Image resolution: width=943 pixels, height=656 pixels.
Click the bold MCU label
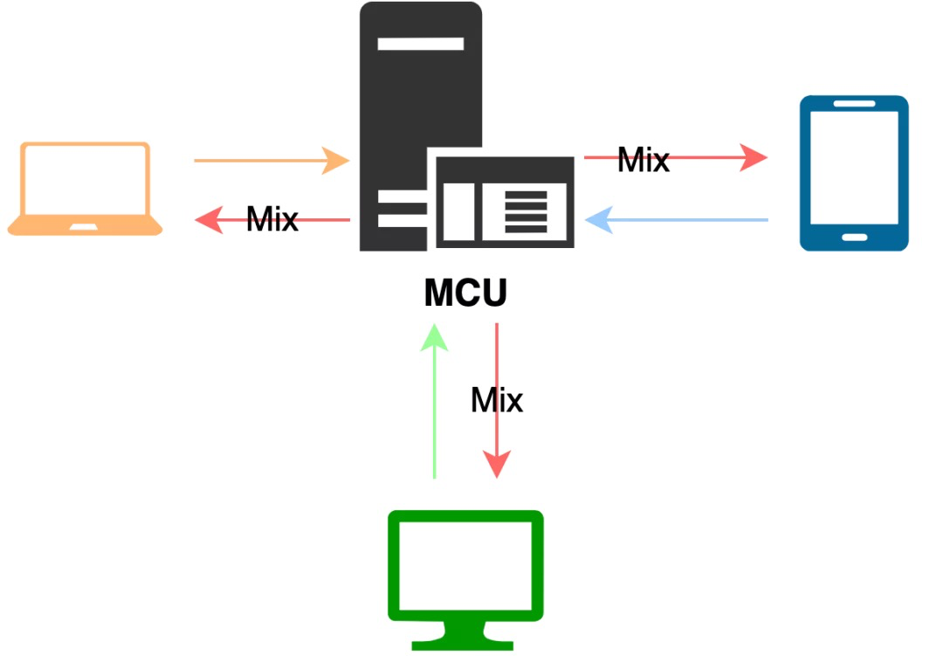click(465, 293)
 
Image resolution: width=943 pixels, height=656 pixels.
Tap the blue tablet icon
click(854, 173)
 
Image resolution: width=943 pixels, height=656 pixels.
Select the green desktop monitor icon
click(465, 577)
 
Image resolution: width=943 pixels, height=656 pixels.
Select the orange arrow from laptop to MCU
click(271, 161)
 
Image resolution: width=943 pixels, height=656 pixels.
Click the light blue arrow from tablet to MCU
click(677, 220)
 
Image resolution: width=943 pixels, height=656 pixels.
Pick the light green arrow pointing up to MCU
click(434, 402)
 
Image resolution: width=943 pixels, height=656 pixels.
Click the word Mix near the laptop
click(272, 218)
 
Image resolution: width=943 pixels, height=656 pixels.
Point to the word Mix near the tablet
click(644, 160)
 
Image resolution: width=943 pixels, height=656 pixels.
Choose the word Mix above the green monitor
click(497, 400)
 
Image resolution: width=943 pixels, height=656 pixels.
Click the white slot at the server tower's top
click(421, 44)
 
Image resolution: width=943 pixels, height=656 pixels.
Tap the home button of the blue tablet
click(854, 236)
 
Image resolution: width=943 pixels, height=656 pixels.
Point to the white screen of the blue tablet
click(854, 168)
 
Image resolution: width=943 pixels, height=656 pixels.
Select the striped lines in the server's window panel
click(527, 211)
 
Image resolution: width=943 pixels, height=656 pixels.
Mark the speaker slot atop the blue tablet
click(854, 105)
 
